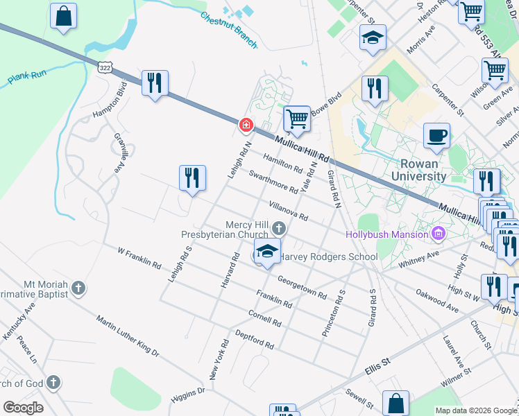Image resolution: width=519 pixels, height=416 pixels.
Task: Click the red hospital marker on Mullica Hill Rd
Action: pos(245,125)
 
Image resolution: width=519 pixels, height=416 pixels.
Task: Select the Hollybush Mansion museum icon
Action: pos(438,234)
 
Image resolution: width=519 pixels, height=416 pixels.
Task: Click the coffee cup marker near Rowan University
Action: pos(436,136)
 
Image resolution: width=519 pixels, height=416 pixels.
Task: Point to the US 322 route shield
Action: pos(105,67)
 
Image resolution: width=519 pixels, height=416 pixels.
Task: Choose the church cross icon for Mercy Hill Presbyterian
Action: pos(279,227)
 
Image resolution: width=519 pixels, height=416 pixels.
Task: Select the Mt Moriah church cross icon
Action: pos(78,288)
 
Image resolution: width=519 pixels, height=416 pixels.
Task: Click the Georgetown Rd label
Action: pos(302,287)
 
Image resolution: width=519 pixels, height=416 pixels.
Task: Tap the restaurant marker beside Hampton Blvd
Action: pos(154,83)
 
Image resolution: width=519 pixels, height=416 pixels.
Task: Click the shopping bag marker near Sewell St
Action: pos(395,404)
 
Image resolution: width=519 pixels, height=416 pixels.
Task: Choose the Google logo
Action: pos(23,408)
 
